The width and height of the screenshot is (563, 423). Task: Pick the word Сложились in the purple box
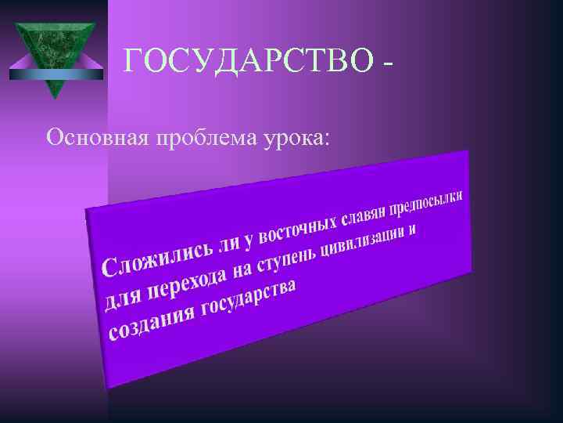tap(157, 259)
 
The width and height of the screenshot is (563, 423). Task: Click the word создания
tap(152, 325)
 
